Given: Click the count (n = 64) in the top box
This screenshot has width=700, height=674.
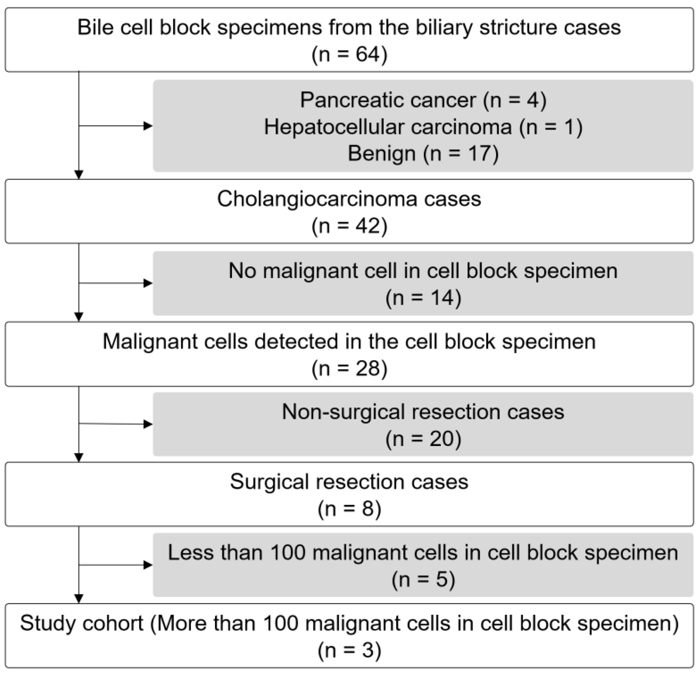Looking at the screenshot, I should (x=349, y=55).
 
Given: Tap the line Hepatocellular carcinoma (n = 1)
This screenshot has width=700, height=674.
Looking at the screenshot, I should (x=423, y=127).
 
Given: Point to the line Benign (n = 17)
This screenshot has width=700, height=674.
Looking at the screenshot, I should (x=423, y=154).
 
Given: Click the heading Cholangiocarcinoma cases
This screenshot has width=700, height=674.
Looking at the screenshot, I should (x=349, y=199).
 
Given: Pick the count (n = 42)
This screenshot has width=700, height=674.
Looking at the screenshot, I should (x=349, y=226).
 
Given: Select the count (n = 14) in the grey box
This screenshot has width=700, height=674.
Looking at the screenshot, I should (x=423, y=298).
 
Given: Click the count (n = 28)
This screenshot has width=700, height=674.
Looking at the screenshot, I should (x=349, y=368).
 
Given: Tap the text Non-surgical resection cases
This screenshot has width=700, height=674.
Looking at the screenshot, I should (x=423, y=412).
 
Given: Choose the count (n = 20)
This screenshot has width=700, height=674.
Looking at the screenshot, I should (x=423, y=439).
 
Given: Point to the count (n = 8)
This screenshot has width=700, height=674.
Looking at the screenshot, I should (x=349, y=509).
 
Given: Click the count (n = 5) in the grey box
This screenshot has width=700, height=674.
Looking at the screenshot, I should (x=423, y=579).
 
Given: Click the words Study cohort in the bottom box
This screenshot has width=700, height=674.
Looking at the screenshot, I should (x=81, y=623).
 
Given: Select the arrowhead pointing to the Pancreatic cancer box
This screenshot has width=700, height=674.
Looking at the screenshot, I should (x=148, y=126).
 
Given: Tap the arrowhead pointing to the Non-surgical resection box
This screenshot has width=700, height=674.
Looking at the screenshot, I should (x=148, y=424).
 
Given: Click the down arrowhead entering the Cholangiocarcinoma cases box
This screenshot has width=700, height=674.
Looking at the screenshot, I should (x=79, y=175).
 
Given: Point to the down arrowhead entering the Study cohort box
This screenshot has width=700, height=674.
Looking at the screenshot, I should (x=79, y=599).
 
